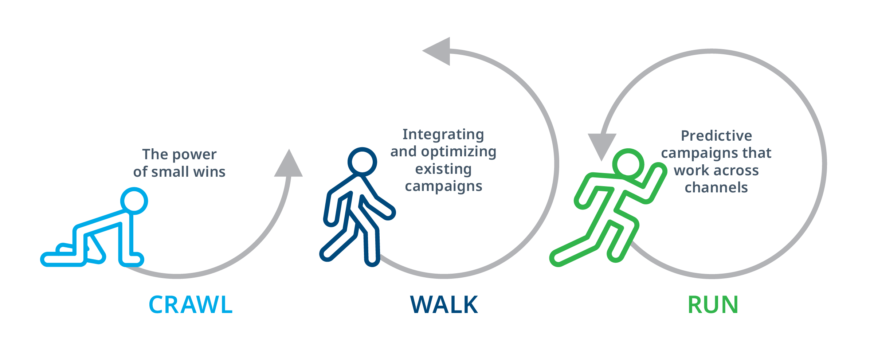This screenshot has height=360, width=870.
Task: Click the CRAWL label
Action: point(191,305)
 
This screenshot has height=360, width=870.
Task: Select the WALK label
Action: point(444,305)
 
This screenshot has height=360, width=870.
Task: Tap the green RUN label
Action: point(713,305)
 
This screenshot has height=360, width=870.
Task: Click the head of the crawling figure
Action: point(134,201)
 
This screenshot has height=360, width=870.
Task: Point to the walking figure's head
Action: point(362,161)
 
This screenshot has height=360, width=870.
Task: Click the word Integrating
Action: point(443,134)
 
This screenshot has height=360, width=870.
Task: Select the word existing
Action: point(443,169)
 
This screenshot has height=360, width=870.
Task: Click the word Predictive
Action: point(716,136)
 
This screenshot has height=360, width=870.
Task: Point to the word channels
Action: point(716,187)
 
